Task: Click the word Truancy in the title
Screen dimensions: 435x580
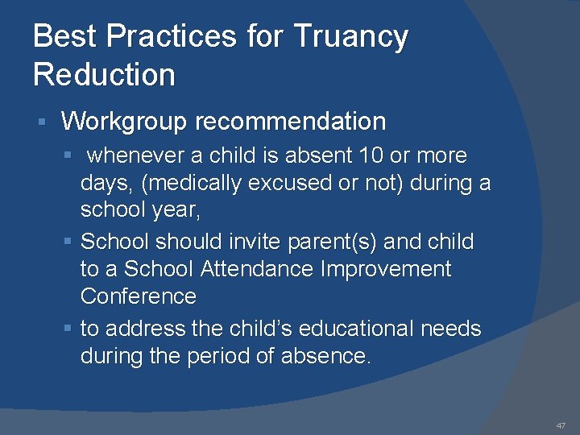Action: [x=350, y=37]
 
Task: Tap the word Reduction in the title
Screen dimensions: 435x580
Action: [x=104, y=75]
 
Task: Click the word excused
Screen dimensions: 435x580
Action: [x=295, y=183]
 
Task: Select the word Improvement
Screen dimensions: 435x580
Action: [x=386, y=269]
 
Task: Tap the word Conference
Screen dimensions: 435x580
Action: [x=138, y=296]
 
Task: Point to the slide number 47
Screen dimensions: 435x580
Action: [x=561, y=425]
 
